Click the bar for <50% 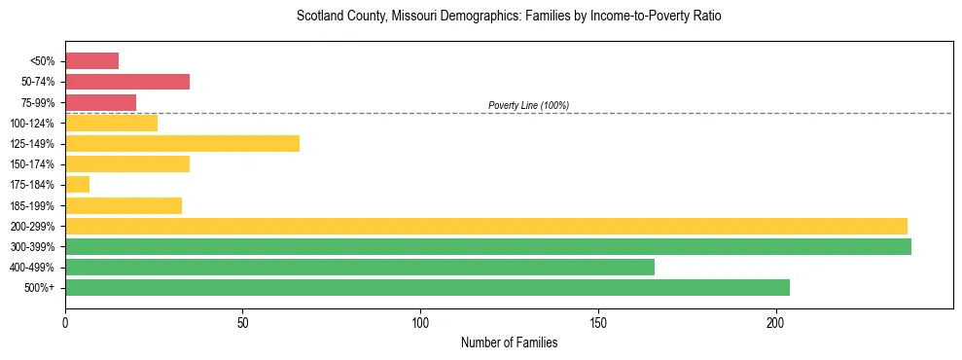tap(91, 61)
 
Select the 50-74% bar tap(127, 82)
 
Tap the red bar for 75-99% tap(100, 102)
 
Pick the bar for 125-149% tap(182, 143)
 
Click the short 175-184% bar tap(77, 184)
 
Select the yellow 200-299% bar tap(485, 226)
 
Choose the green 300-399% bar tap(487, 246)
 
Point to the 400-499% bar tap(359, 267)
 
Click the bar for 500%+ tap(427, 287)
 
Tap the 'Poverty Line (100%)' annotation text tap(528, 105)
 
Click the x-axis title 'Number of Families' tap(509, 342)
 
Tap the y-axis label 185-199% tap(33, 205)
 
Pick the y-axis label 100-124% tap(33, 124)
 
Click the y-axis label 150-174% tap(33, 164)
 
